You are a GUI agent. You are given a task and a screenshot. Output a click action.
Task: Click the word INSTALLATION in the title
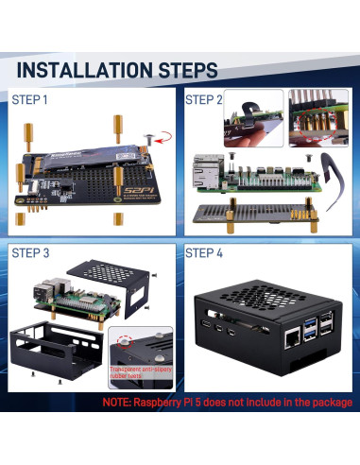point(86,70)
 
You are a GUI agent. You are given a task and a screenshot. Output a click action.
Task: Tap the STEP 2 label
point(204,99)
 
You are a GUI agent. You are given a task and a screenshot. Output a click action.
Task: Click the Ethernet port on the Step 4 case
point(285,338)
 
